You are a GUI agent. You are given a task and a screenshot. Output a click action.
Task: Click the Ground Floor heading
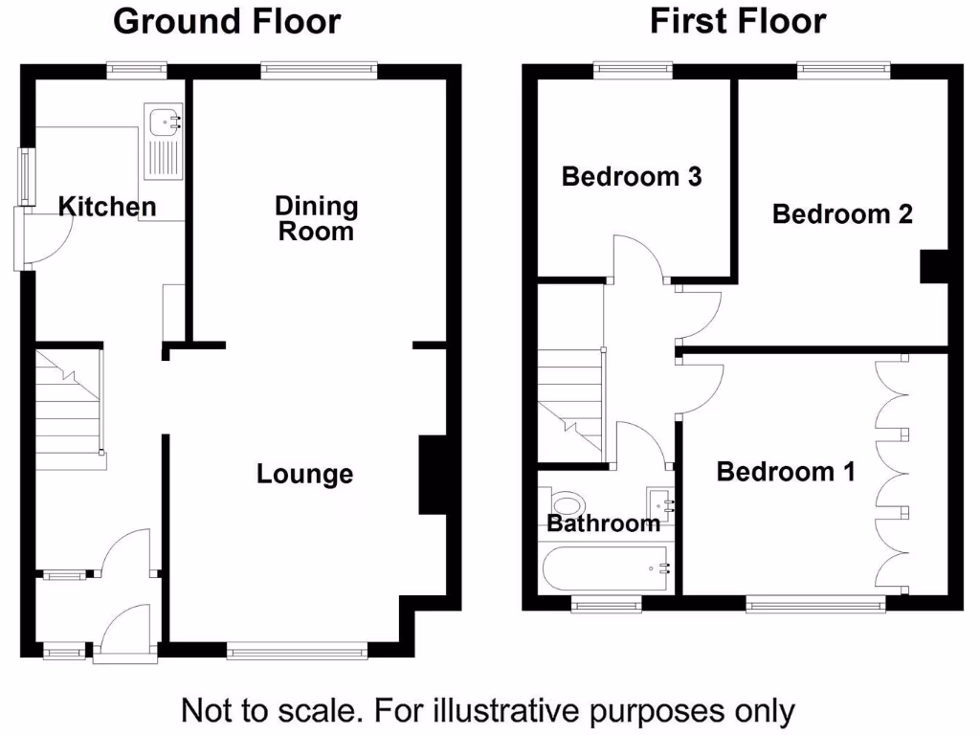pyautogui.click(x=227, y=21)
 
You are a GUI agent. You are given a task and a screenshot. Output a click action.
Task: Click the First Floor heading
pyautogui.click(x=737, y=21)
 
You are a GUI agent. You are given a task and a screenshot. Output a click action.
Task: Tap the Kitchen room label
pyautogui.click(x=107, y=207)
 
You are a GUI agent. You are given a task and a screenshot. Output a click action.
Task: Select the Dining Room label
pyautogui.click(x=316, y=218)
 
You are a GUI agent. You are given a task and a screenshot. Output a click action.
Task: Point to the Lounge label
pyautogui.click(x=304, y=474)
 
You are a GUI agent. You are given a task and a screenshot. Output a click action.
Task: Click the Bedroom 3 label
pyautogui.click(x=632, y=177)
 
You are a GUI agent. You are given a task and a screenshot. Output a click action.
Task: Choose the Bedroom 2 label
pyautogui.click(x=842, y=214)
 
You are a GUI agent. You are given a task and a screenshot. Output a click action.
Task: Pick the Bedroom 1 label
pyautogui.click(x=786, y=472)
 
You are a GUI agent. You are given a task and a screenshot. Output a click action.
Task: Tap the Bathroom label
pyautogui.click(x=603, y=523)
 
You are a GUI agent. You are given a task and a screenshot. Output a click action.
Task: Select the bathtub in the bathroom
pyautogui.click(x=606, y=568)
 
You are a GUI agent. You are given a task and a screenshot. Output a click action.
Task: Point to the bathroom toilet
pyautogui.click(x=566, y=504)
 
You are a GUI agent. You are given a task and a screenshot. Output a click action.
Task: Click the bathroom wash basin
pyautogui.click(x=661, y=501)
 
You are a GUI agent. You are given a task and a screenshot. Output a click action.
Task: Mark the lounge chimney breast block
pyautogui.click(x=433, y=477)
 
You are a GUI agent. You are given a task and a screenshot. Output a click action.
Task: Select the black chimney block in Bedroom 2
pyautogui.click(x=933, y=266)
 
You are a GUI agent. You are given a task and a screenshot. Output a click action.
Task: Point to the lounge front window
pyautogui.click(x=297, y=652)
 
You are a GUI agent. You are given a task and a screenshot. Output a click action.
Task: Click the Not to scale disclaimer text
pyautogui.click(x=488, y=711)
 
